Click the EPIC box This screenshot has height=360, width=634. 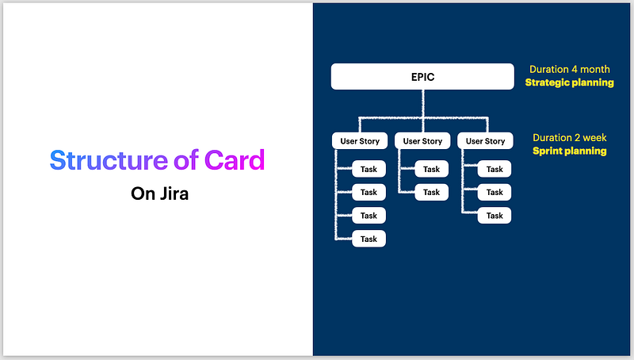click(x=422, y=76)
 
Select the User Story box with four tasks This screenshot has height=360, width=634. click(x=360, y=141)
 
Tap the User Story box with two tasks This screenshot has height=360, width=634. click(x=422, y=141)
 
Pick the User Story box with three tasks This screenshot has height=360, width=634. click(x=485, y=141)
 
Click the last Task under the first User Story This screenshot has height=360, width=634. click(x=369, y=239)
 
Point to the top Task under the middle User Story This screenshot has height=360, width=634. click(x=431, y=169)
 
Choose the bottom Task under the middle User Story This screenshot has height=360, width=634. click(x=431, y=192)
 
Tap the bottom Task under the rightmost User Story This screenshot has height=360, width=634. click(x=495, y=216)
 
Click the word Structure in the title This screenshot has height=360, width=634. click(x=109, y=159)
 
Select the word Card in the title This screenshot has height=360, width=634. click(x=235, y=159)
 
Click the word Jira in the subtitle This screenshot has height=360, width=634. click(x=174, y=193)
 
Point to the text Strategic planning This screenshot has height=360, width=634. click(x=569, y=82)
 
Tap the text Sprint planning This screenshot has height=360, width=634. click(x=569, y=151)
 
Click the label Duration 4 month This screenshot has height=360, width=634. click(x=570, y=69)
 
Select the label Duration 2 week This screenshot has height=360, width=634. click(x=570, y=137)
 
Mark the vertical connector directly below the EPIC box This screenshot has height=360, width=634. click(x=423, y=104)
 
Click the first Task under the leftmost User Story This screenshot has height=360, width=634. click(x=369, y=169)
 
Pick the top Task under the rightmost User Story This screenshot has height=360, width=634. click(x=495, y=169)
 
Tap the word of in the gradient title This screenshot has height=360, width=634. click(x=186, y=159)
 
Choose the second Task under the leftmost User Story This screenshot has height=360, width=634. click(x=369, y=192)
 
